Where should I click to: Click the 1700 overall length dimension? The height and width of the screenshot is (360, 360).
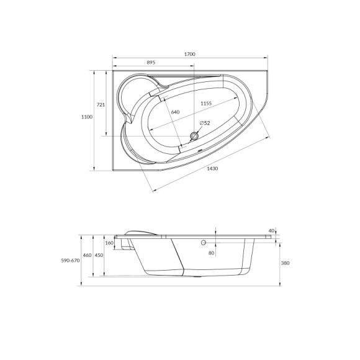tap(190, 55)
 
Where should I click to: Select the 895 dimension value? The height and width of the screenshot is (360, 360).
tap(151, 63)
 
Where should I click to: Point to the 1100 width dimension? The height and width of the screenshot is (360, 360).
tap(87, 117)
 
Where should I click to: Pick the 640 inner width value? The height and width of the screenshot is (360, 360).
tap(176, 112)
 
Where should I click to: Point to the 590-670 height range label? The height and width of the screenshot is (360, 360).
tap(70, 261)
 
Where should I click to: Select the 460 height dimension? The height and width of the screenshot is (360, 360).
tap(88, 256)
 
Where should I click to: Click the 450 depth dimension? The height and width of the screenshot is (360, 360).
tap(99, 256)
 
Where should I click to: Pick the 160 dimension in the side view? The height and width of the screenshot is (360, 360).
tap(110, 243)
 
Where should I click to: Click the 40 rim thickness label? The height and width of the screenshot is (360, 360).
tap(271, 231)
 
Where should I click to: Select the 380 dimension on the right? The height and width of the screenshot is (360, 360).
tap(285, 263)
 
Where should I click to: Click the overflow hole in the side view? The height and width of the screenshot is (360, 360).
tap(203, 244)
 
